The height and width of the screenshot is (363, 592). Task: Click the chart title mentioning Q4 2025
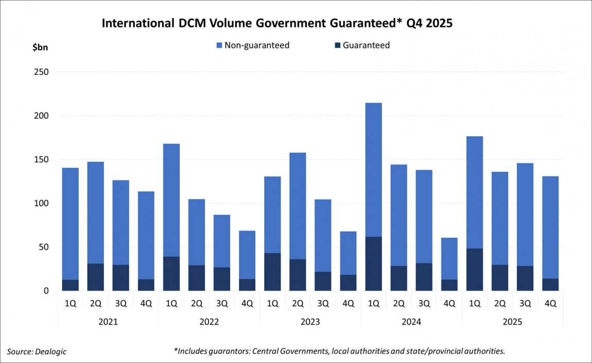(x=277, y=24)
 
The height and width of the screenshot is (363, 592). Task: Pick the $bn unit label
(x=40, y=47)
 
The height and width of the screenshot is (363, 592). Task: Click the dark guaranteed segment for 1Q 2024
(x=373, y=263)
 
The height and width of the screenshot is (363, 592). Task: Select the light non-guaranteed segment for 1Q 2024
(x=373, y=170)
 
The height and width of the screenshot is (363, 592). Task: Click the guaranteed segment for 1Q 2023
(x=272, y=272)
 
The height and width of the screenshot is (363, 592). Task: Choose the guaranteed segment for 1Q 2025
(x=474, y=269)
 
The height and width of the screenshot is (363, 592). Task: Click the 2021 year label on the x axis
(x=108, y=322)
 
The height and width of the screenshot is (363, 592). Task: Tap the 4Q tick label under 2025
(x=550, y=303)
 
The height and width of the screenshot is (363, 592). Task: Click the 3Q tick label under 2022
(x=222, y=303)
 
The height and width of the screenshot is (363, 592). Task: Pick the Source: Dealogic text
(x=37, y=352)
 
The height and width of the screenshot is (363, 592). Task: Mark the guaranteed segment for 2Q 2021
(x=96, y=277)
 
